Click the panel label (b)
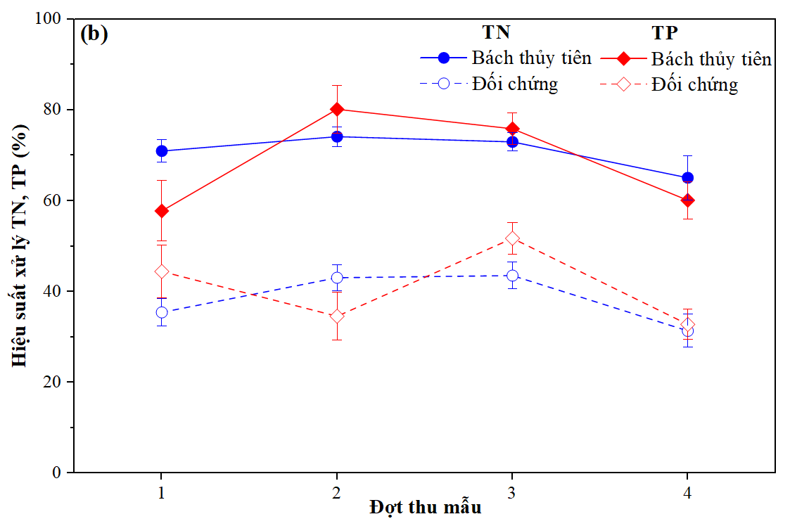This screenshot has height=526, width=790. (x=94, y=34)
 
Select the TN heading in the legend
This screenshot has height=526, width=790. (x=496, y=33)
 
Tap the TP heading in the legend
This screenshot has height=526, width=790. (x=664, y=33)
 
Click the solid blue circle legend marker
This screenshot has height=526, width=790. (x=444, y=58)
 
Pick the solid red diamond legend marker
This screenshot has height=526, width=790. (x=623, y=58)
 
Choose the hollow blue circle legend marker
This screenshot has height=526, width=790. (x=444, y=84)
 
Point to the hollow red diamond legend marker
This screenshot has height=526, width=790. (x=623, y=84)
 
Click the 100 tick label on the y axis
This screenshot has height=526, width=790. (x=49, y=19)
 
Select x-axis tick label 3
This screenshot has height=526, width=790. (x=512, y=492)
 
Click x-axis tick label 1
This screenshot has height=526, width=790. (x=162, y=492)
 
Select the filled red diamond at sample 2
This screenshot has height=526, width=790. (x=337, y=109)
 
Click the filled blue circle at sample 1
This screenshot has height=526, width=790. (x=162, y=151)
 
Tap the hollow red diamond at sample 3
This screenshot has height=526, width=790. (x=512, y=238)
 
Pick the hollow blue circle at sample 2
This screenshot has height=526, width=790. (x=337, y=278)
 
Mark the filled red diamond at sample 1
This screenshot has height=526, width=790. (x=162, y=211)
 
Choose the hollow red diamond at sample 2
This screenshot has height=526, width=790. (x=337, y=316)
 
